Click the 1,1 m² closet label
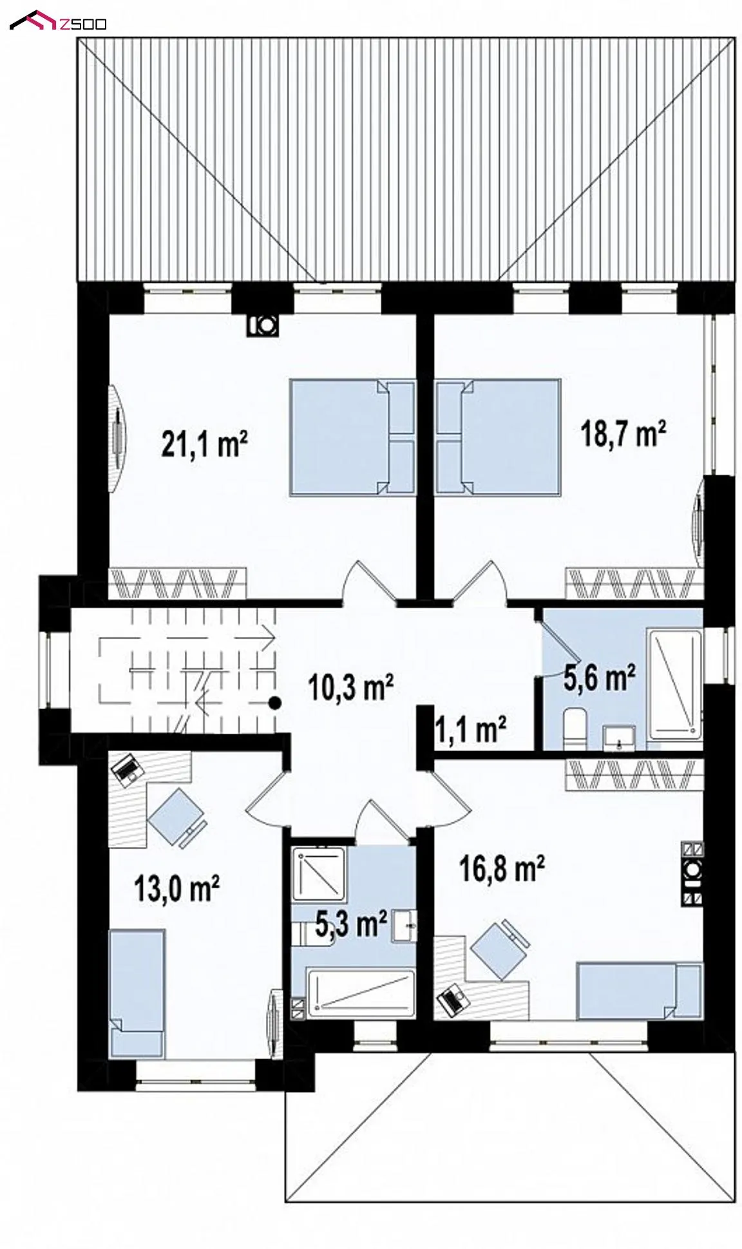470,730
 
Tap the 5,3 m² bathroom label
351,926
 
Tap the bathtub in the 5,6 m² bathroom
674,683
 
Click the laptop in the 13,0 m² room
126,769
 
